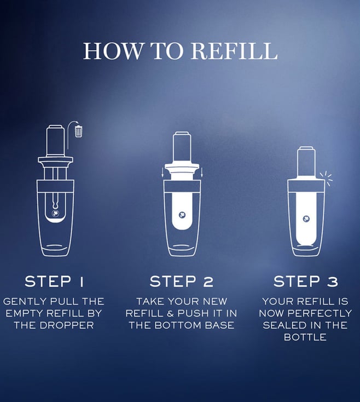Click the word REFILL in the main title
234,51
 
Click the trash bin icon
79,131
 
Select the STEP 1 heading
54,282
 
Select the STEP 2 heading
181,282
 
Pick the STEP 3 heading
306,282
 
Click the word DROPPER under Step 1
67,325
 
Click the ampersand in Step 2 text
170,313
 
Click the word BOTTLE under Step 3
305,337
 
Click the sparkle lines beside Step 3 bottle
326,177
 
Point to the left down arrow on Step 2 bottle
162,173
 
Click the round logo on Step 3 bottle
306,219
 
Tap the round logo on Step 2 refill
182,215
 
